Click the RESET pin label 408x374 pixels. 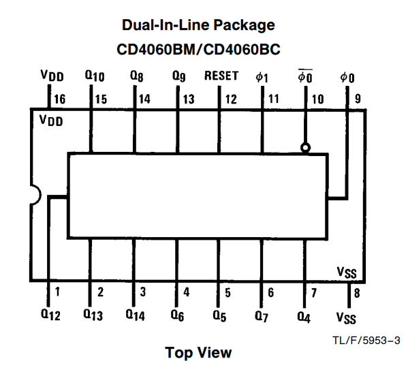[x=221, y=76]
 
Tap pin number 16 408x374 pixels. [x=59, y=99]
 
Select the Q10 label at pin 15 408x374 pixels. [x=95, y=76]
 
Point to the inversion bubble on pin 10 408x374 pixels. [x=305, y=148]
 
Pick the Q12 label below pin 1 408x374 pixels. [x=50, y=315]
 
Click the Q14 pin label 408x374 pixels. [x=135, y=315]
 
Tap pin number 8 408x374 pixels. [x=357, y=293]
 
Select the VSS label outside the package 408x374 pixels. [x=346, y=318]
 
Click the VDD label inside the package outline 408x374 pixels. [x=51, y=121]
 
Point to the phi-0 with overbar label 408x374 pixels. [x=305, y=76]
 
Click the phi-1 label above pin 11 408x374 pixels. [x=262, y=77]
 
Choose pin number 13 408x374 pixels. [x=189, y=99]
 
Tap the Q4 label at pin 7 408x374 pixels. [x=304, y=317]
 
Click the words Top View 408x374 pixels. [x=198, y=353]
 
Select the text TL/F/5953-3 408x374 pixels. [x=366, y=340]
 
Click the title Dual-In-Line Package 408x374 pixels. [x=198, y=25]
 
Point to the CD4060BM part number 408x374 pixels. [x=155, y=49]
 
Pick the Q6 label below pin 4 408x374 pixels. [x=177, y=315]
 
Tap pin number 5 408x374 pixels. [x=227, y=293]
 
